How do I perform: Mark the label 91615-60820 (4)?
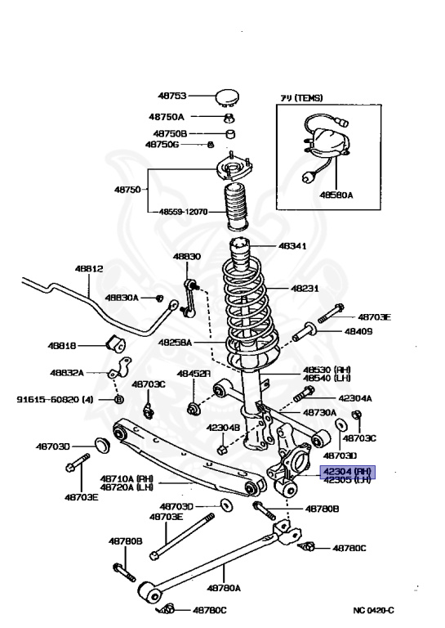51,400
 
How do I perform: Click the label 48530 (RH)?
327,370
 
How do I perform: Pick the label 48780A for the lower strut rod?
223,587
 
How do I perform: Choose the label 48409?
358,332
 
